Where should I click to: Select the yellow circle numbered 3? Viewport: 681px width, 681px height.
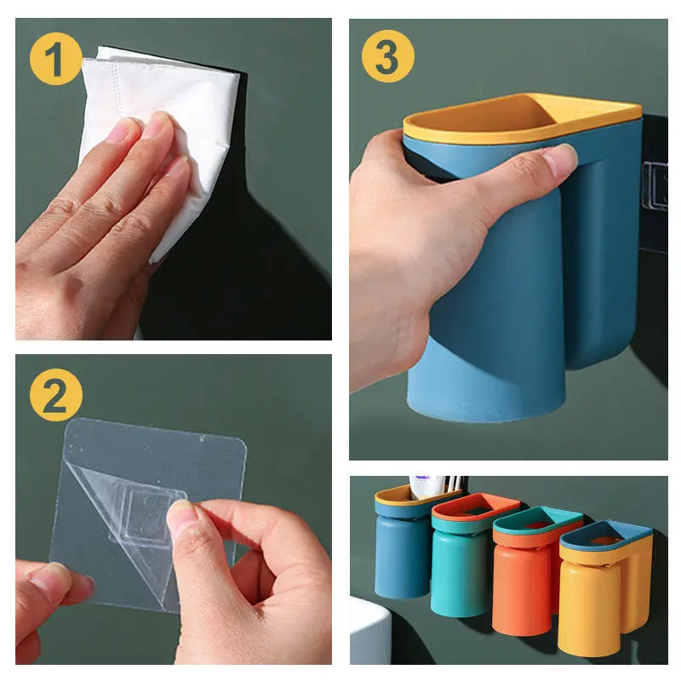click(387, 56)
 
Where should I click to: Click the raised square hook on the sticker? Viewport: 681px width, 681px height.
click(149, 515)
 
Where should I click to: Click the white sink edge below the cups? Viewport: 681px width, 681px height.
click(369, 630)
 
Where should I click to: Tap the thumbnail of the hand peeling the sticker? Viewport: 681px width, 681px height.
click(181, 517)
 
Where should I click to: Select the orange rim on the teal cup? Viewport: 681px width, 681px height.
click(472, 510)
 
